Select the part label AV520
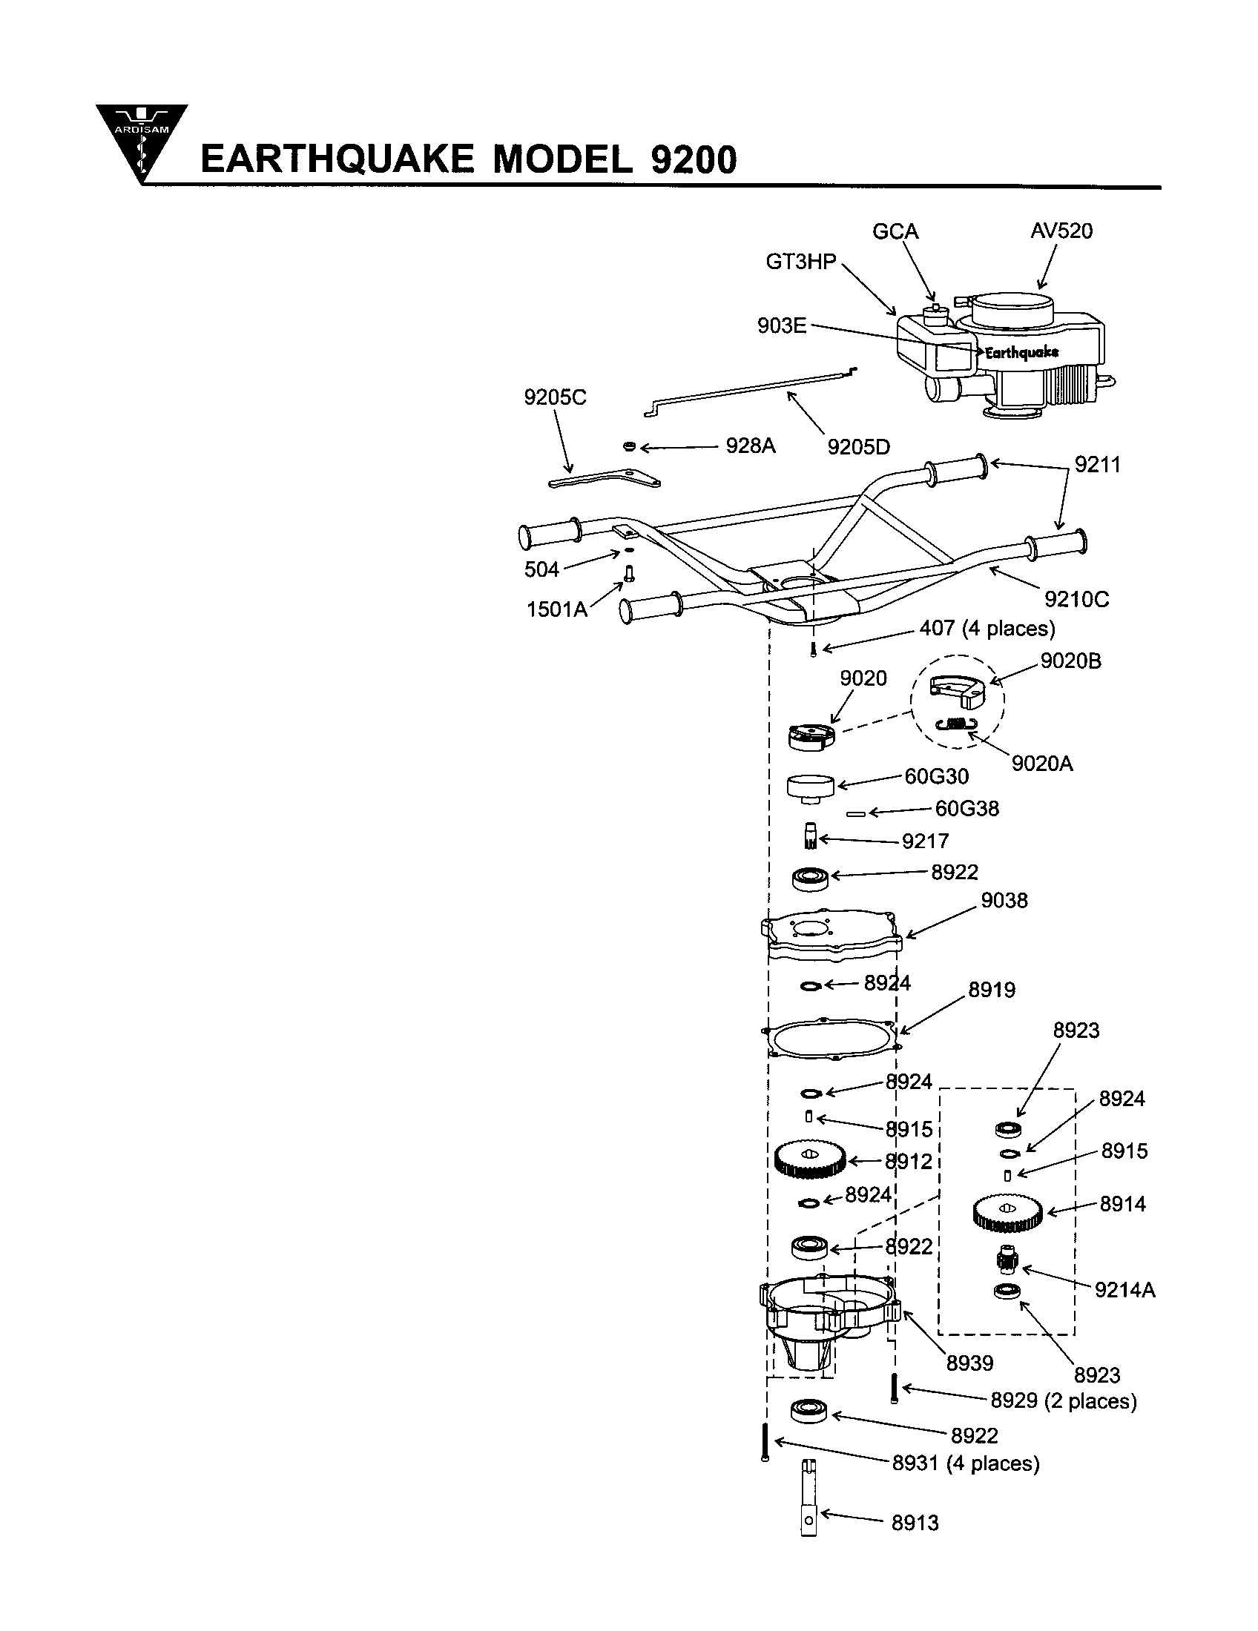(x=1061, y=231)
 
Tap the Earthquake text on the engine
(x=1021, y=352)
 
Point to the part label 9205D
(x=858, y=447)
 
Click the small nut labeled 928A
(x=629, y=446)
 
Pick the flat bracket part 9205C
(x=605, y=478)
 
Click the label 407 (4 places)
(x=987, y=628)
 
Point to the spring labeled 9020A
(x=956, y=723)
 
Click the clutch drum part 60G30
(x=811, y=787)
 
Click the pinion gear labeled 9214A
(x=1008, y=1260)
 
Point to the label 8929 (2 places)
(x=1063, y=1401)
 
